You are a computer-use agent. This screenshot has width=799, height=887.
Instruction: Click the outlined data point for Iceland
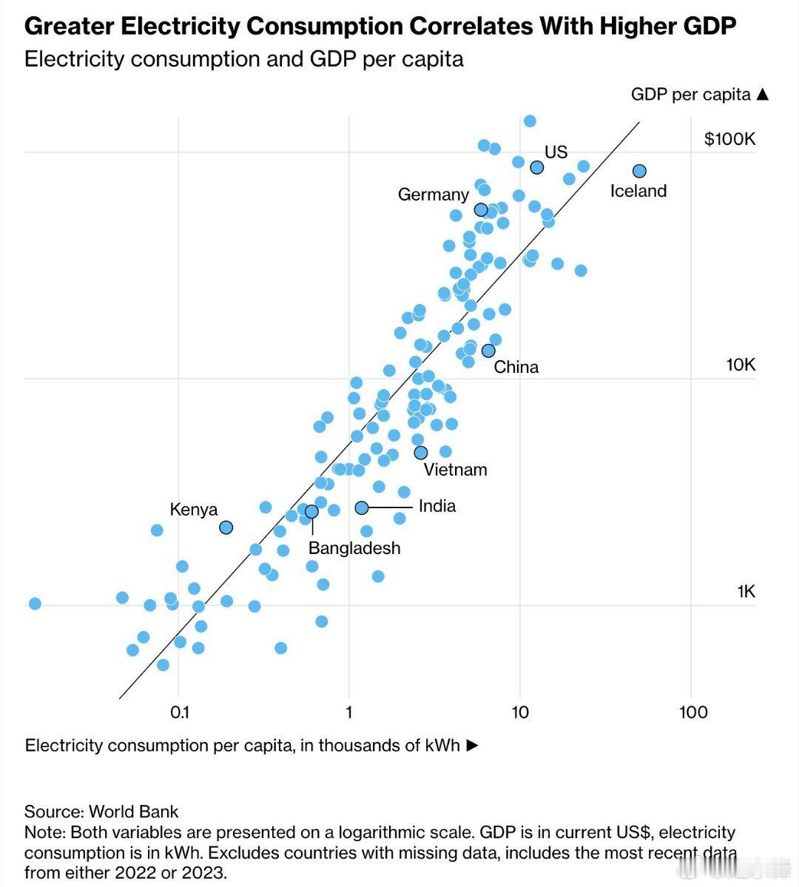pos(639,171)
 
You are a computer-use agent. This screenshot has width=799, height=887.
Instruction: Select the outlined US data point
pos(537,167)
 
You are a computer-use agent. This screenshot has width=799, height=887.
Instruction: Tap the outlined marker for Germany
pos(481,209)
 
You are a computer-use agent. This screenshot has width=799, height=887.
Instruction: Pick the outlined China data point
pos(488,350)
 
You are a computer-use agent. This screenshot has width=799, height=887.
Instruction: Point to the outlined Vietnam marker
pos(420,452)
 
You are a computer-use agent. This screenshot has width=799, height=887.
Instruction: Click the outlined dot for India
pos(362,507)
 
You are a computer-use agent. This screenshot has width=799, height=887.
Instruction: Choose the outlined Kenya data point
pos(226,527)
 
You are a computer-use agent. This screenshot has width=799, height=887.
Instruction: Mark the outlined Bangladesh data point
pos(311,511)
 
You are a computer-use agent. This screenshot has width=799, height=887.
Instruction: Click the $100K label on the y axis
pos(729,139)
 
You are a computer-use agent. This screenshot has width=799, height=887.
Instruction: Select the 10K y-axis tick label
pos(741,365)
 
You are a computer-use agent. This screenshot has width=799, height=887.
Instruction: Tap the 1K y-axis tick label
pos(746,591)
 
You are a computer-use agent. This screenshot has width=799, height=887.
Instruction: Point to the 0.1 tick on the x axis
pos(180,712)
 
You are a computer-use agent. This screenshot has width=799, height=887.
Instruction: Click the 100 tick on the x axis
pos(692,712)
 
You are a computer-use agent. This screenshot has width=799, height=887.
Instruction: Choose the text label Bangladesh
pos(354,548)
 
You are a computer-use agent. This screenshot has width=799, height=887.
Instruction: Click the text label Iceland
pos(638,191)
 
